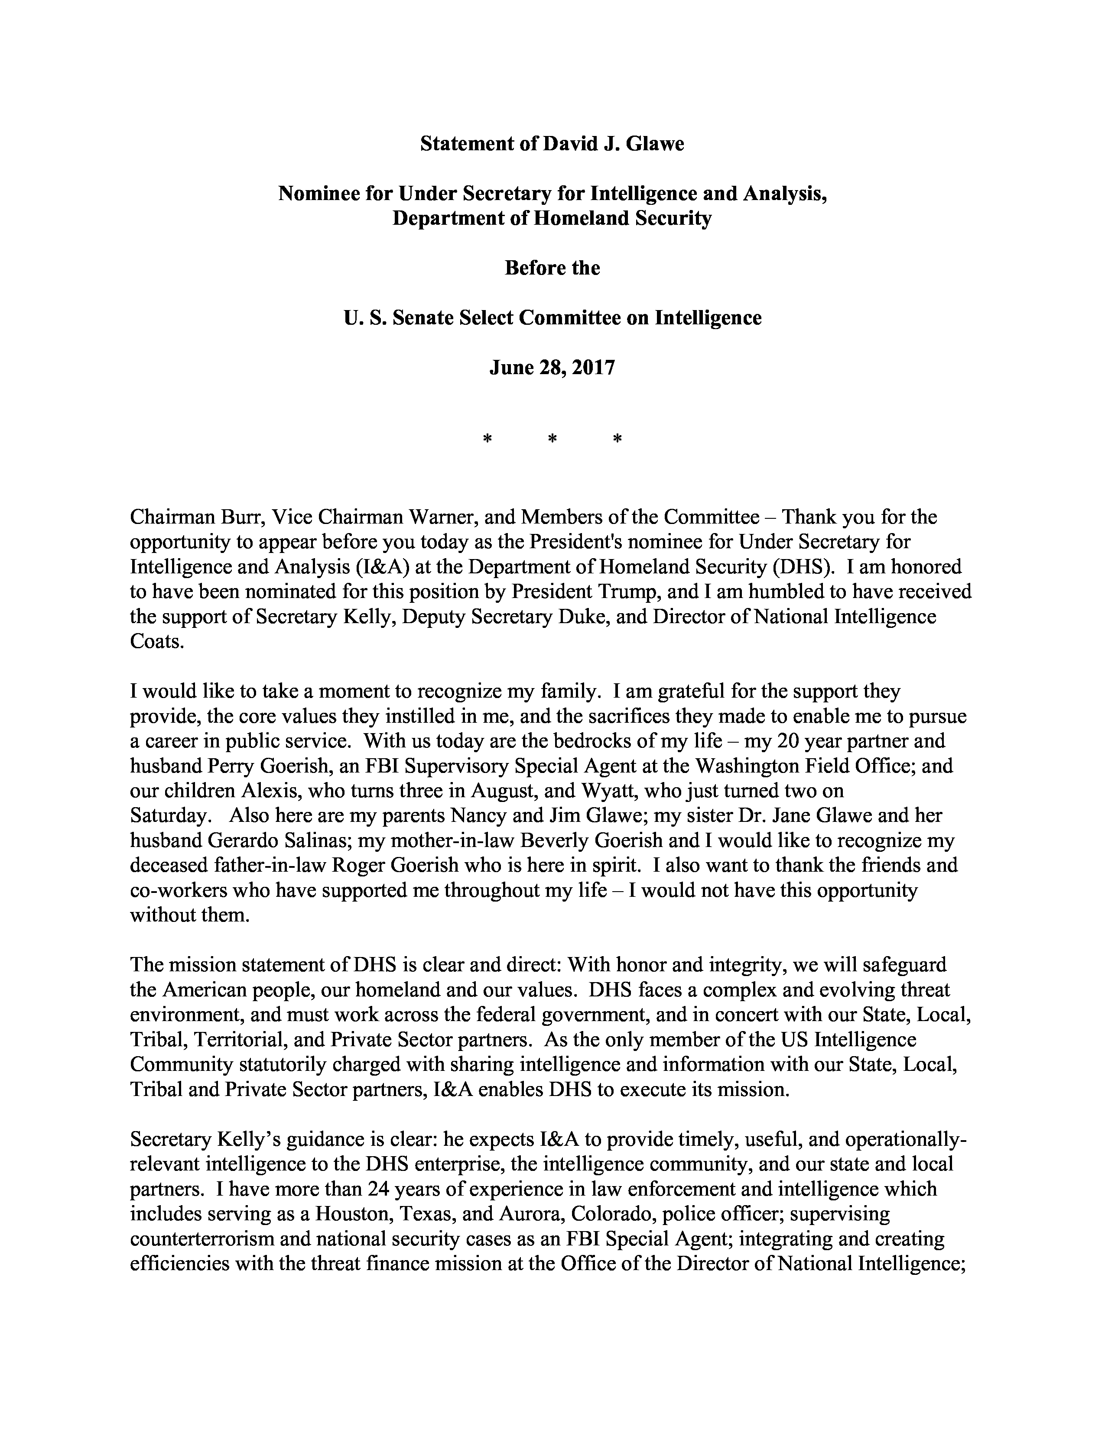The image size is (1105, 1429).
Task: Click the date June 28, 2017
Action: [x=552, y=368]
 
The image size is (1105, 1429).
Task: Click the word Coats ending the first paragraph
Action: [x=155, y=641]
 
